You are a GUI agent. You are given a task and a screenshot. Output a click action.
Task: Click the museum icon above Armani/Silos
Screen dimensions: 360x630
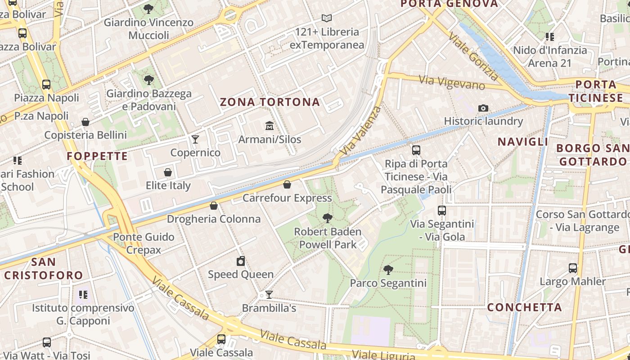click(x=269, y=126)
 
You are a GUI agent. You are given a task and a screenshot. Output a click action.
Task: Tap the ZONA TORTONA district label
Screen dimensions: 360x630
click(x=270, y=102)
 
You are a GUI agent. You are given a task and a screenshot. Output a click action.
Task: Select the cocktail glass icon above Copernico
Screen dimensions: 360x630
click(x=195, y=139)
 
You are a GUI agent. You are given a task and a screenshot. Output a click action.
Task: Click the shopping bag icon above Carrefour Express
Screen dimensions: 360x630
click(x=287, y=184)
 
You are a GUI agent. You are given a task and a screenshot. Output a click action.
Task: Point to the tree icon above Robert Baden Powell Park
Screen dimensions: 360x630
click(x=328, y=218)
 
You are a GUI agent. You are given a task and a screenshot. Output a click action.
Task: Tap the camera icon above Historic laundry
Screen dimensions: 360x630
click(x=483, y=108)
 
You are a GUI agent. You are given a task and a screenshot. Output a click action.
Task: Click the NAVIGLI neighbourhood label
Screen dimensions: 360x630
click(x=523, y=142)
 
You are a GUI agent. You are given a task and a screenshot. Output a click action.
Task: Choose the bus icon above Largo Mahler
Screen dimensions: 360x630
click(x=573, y=268)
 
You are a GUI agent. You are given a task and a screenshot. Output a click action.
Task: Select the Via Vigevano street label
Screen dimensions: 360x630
click(x=452, y=82)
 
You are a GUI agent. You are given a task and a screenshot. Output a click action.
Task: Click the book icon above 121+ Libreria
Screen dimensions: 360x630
click(x=327, y=18)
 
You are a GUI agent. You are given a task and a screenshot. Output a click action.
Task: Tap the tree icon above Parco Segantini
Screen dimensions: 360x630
click(x=388, y=270)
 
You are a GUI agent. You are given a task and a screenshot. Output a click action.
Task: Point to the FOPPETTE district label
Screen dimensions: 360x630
click(x=97, y=156)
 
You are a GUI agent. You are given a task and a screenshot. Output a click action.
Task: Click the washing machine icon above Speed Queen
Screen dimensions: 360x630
click(x=241, y=261)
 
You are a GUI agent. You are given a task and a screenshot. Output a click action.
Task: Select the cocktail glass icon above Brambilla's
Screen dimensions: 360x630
click(x=269, y=295)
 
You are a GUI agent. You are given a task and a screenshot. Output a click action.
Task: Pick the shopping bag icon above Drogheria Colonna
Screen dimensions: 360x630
click(x=214, y=206)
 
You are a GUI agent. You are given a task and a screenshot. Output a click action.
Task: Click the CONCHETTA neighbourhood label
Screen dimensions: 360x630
click(x=525, y=307)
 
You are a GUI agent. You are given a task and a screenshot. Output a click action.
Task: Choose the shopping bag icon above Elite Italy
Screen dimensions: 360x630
click(x=168, y=172)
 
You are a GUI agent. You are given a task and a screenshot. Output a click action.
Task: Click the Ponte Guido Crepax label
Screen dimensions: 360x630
click(x=144, y=243)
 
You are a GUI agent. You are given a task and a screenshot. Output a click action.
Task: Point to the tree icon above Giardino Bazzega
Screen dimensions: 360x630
click(x=148, y=81)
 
